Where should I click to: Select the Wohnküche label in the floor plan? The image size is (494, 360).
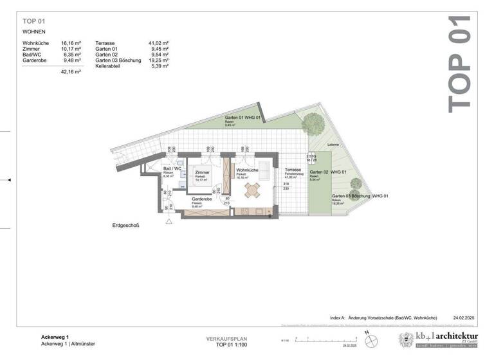point(247,170)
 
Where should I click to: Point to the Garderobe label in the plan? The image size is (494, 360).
point(203,200)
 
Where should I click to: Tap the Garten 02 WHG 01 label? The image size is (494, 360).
point(328,172)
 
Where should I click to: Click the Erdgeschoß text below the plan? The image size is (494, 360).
point(125,226)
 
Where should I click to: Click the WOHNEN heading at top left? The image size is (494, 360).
point(35,30)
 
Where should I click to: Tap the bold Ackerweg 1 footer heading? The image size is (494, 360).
point(46,337)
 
